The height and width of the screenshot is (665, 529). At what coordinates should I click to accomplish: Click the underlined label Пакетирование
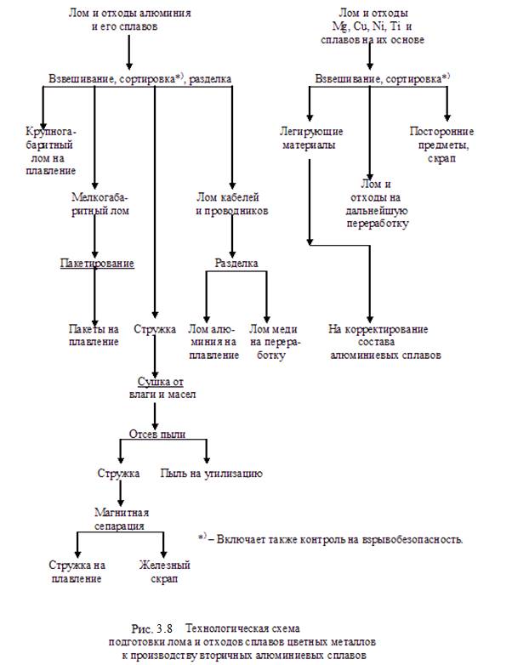click(x=97, y=264)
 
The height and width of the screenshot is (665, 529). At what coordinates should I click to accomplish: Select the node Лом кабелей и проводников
click(x=231, y=204)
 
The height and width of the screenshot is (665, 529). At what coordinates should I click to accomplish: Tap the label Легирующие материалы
click(x=311, y=139)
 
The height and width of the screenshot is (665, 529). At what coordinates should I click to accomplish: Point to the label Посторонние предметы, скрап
click(x=441, y=145)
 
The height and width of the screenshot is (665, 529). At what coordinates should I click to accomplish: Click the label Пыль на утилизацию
click(x=211, y=474)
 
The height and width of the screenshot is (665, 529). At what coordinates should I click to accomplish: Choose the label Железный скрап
click(x=165, y=571)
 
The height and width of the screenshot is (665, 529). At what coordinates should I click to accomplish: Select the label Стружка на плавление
click(x=77, y=571)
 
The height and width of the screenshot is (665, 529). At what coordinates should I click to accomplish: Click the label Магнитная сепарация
click(x=122, y=519)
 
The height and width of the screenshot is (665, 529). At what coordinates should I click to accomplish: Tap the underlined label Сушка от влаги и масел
click(x=162, y=388)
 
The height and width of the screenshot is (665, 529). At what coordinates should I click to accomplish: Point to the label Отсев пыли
click(x=157, y=434)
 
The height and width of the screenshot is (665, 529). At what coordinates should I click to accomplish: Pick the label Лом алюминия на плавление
click(x=213, y=342)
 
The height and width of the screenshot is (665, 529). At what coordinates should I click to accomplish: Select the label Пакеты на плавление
click(x=94, y=335)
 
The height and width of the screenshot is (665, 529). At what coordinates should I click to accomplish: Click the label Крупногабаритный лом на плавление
click(x=50, y=151)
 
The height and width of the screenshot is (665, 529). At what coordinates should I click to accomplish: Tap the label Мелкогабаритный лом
click(x=100, y=204)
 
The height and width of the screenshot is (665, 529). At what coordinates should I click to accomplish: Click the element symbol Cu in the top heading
click(x=361, y=26)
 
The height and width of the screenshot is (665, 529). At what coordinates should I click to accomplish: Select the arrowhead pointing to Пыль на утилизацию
click(x=207, y=459)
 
